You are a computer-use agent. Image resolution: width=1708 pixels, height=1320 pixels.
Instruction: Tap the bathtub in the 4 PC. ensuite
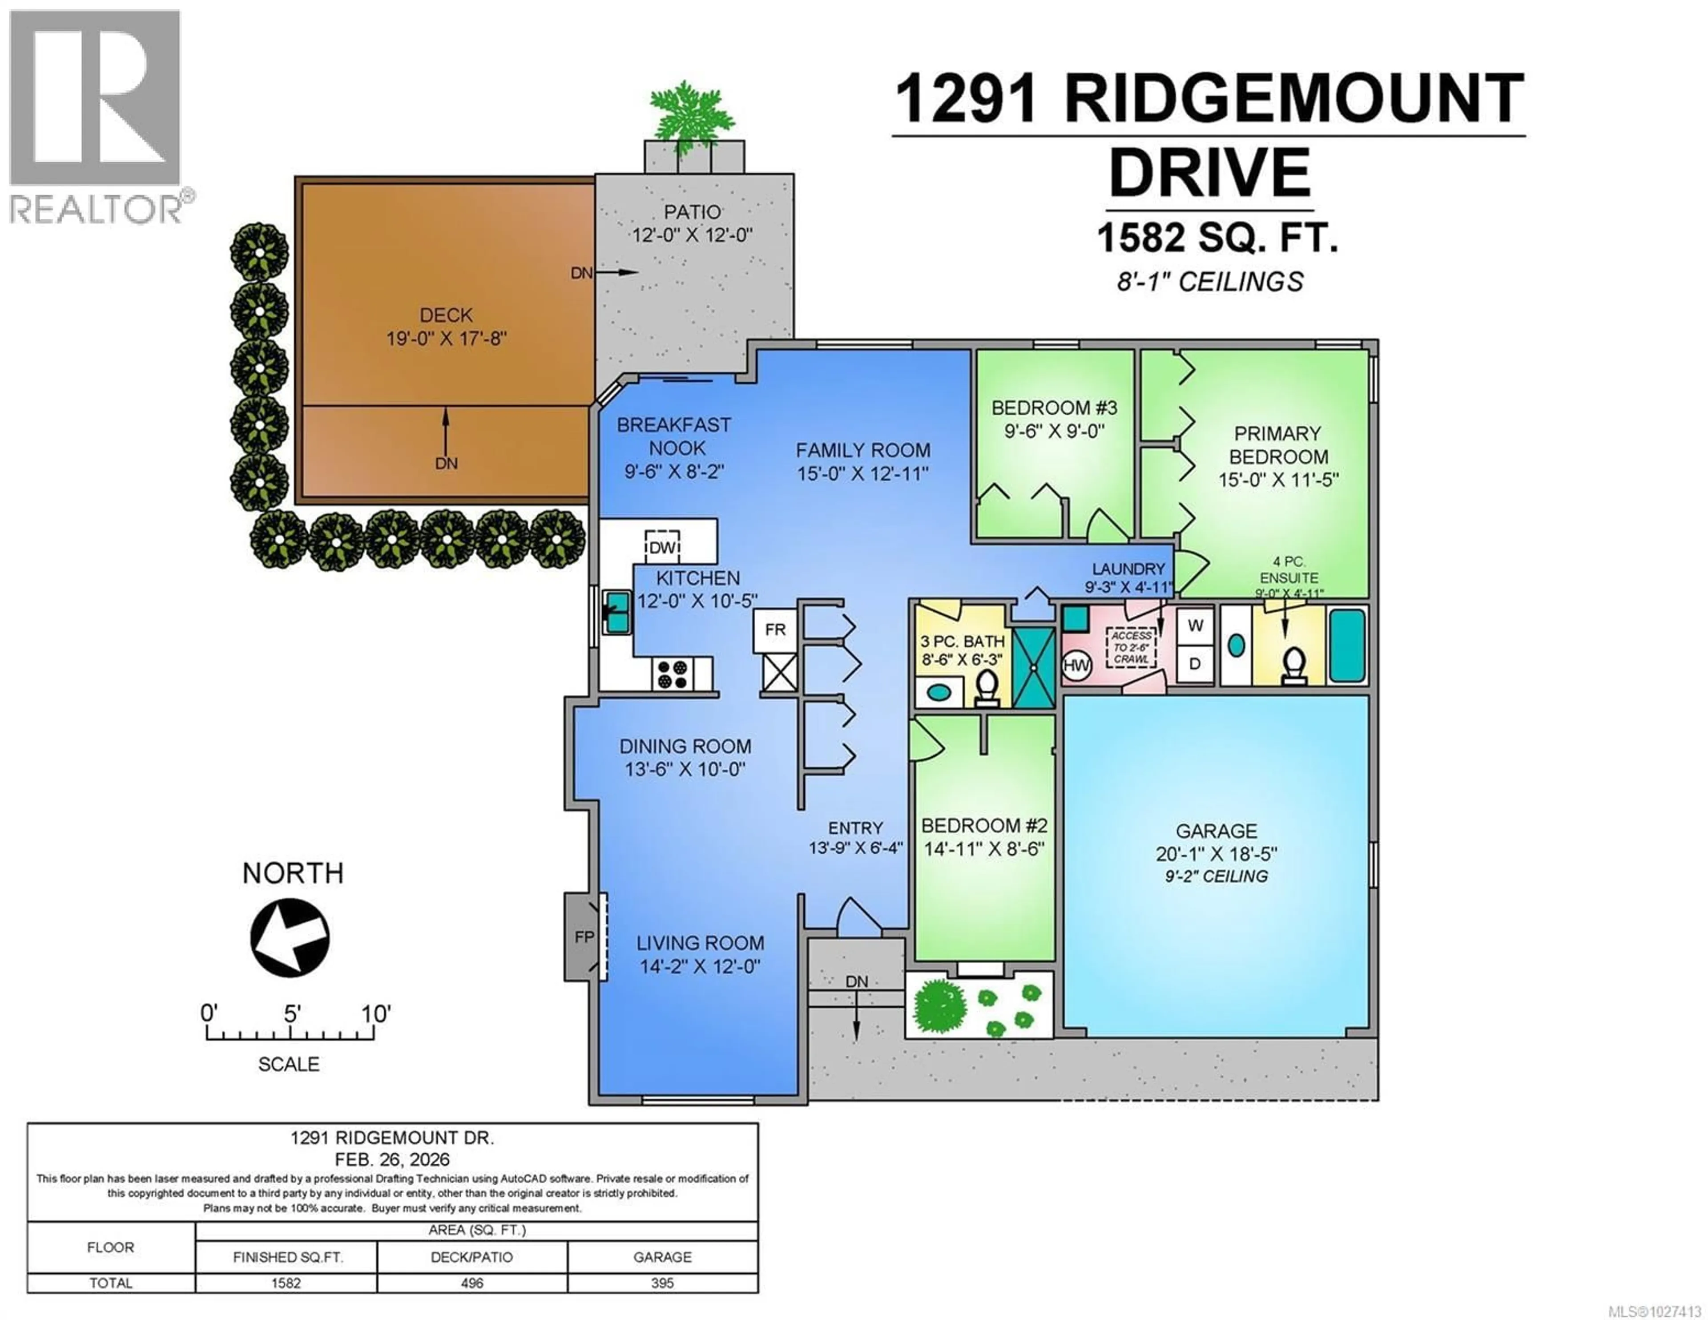tap(1347, 646)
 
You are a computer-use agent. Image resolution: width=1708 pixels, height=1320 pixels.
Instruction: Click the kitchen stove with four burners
tap(673, 674)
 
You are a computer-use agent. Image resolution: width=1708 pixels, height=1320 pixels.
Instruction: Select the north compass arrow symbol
tap(290, 937)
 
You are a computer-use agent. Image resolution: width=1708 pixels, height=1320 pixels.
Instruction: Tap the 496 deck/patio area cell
tap(471, 1283)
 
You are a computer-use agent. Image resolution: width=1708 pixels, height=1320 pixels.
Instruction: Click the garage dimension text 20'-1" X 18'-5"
tap(1216, 854)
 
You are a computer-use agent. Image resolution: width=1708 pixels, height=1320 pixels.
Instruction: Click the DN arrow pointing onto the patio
tap(618, 272)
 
